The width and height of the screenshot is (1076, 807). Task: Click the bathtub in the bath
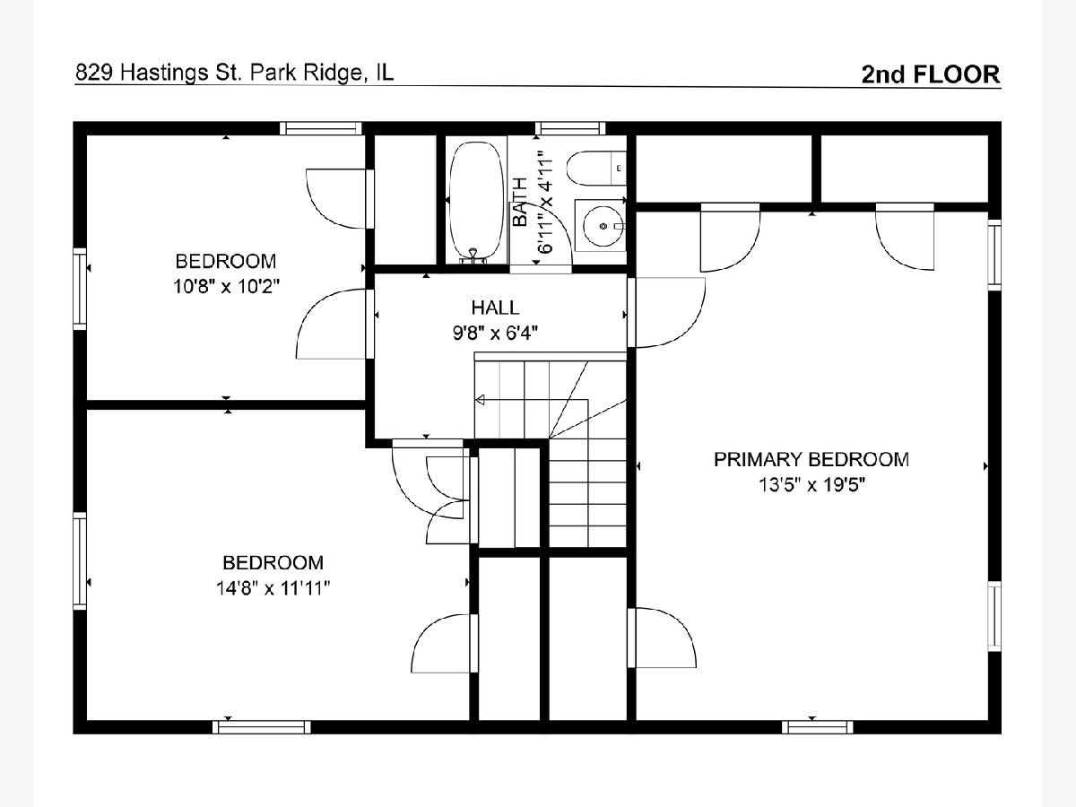pos(476,201)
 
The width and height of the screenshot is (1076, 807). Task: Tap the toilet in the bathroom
pos(596,168)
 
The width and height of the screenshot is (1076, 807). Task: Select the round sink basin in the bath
pos(603,226)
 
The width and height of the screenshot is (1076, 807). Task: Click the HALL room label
pos(495,308)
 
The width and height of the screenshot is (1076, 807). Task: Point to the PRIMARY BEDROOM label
pos(811,460)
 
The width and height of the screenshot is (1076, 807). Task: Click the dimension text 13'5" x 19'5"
pos(811,485)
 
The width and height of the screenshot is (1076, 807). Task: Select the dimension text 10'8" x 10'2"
pos(226,286)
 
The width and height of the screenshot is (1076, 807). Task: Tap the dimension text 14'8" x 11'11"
pos(273,588)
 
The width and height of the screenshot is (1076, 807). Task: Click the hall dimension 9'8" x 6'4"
pos(495,334)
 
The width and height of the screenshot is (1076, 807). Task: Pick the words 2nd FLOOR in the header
pos(931,74)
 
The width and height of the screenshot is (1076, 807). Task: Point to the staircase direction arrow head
pos(480,400)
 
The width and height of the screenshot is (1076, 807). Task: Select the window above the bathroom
pos(570,128)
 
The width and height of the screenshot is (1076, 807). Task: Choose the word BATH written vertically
pos(519,202)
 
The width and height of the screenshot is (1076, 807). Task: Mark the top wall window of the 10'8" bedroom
pos(321,128)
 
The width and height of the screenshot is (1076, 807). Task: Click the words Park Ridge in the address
pos(307,73)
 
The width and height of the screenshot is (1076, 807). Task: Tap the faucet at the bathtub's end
pos(473,256)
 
